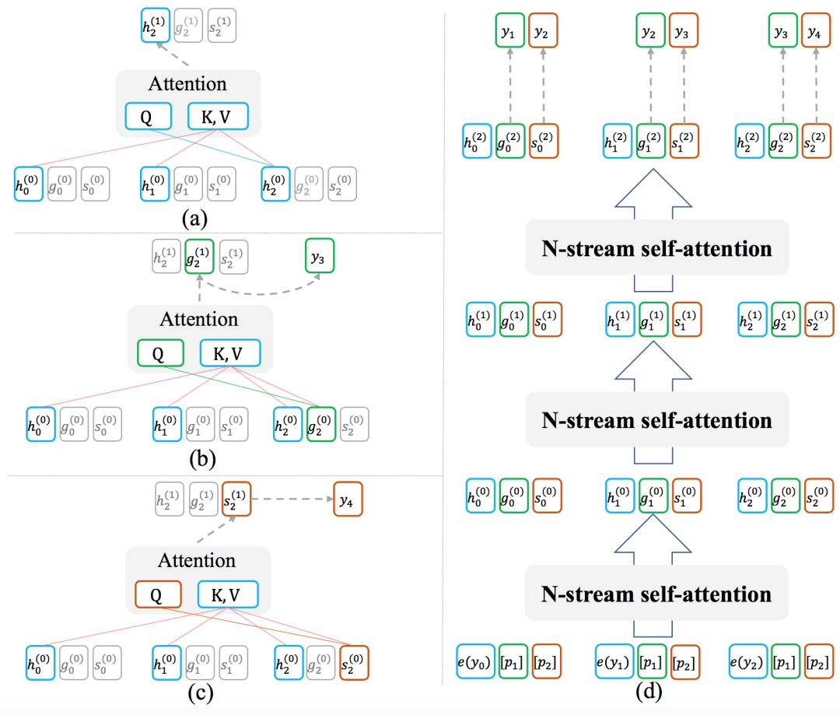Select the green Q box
[x=159, y=354]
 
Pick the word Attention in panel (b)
[x=199, y=320]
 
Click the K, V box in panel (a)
[x=218, y=117]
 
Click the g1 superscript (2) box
[x=651, y=142]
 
